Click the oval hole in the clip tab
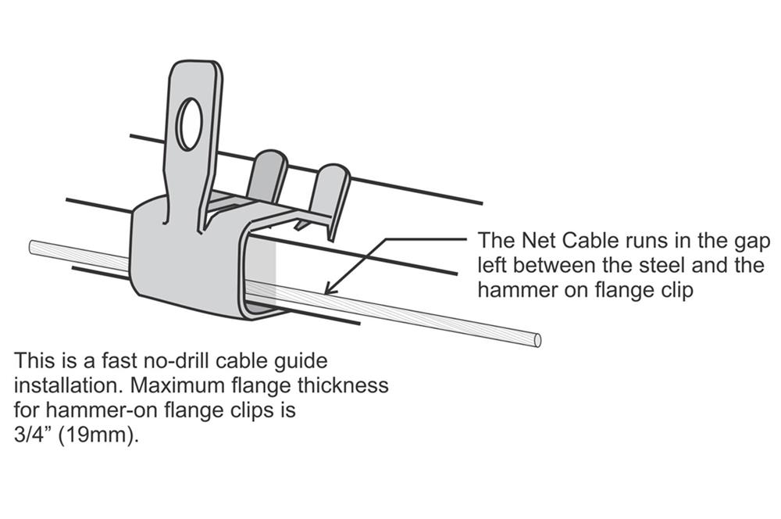(189, 123)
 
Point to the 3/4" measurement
(33, 435)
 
